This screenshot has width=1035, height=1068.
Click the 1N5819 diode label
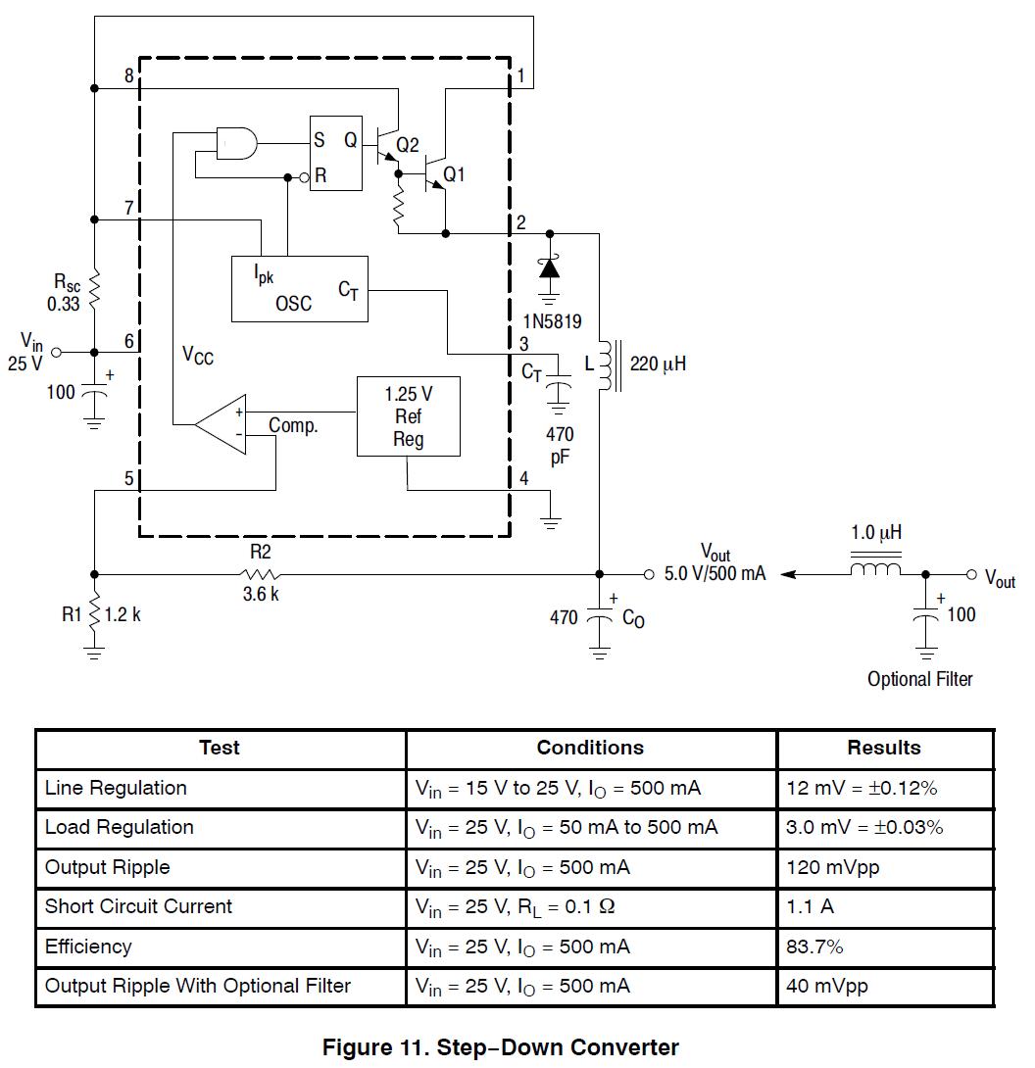[556, 319]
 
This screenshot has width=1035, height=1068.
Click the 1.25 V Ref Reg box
[408, 416]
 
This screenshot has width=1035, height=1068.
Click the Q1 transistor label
[454, 174]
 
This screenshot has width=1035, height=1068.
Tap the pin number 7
[128, 208]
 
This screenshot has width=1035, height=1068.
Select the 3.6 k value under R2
[261, 595]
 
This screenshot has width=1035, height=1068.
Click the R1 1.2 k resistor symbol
[94, 615]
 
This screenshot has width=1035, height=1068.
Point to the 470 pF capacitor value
[560, 445]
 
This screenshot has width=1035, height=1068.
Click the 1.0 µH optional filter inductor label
[876, 534]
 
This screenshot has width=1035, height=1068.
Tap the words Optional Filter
[919, 679]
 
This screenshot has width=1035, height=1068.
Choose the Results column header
[883, 748]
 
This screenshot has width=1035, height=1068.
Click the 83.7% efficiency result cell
[814, 947]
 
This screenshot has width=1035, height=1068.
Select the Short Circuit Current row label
[138, 906]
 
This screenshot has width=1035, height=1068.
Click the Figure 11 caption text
[500, 1047]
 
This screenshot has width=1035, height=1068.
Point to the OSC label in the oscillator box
[293, 304]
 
